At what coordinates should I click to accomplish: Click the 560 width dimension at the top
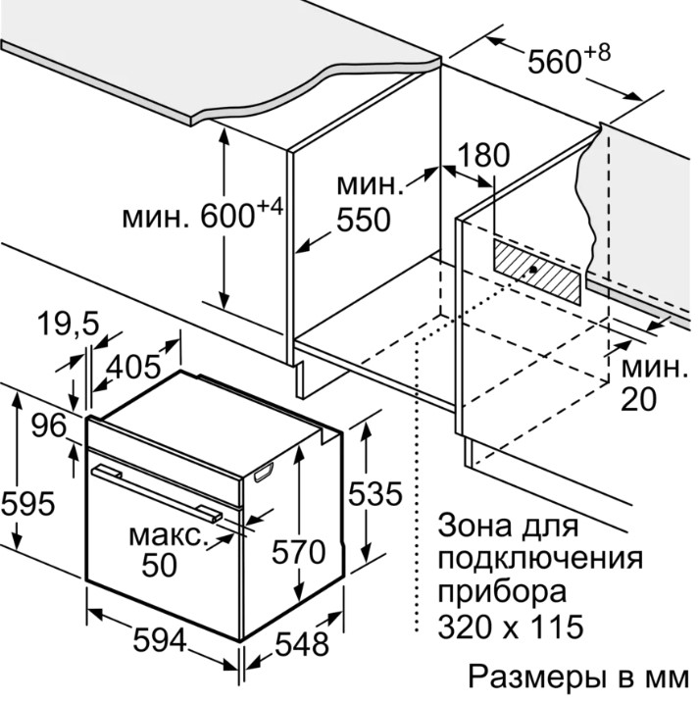coord(555,62)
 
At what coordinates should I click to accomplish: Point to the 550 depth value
coord(362,220)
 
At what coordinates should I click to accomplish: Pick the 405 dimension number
coord(130,367)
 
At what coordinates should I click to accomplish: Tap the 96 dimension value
coord(47,426)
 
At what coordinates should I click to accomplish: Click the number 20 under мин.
coord(638,399)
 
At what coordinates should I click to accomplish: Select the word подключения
coord(540,559)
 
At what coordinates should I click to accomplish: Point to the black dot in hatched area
coord(530,270)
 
